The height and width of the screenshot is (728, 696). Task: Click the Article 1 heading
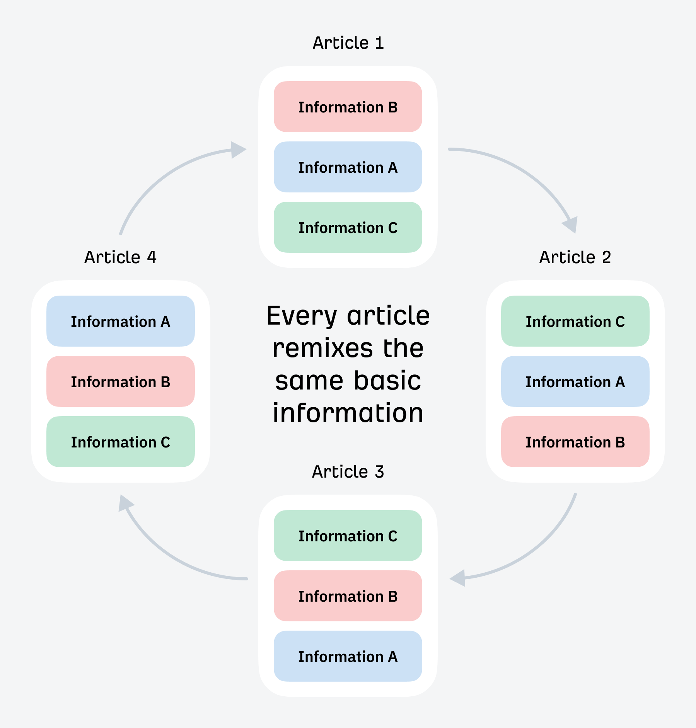pyautogui.click(x=348, y=43)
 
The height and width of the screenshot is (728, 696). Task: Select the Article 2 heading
pyautogui.click(x=575, y=257)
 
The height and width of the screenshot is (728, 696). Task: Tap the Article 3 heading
pyautogui.click(x=348, y=472)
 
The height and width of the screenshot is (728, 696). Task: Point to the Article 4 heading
pyautogui.click(x=120, y=257)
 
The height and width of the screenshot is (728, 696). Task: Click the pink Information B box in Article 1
pyautogui.click(x=348, y=107)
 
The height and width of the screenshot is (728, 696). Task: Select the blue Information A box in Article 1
pyautogui.click(x=348, y=167)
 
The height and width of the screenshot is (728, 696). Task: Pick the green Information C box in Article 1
pyautogui.click(x=348, y=228)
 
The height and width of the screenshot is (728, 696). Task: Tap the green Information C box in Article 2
pyautogui.click(x=575, y=321)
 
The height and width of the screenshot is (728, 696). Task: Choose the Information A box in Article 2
pyautogui.click(x=575, y=382)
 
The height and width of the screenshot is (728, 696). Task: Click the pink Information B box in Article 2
pyautogui.click(x=575, y=442)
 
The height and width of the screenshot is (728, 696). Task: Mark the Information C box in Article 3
pyautogui.click(x=348, y=536)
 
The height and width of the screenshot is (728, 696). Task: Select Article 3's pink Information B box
pyautogui.click(x=348, y=596)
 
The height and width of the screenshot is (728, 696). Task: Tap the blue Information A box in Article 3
pyautogui.click(x=348, y=657)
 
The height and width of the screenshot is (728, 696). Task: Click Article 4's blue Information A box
pyautogui.click(x=120, y=321)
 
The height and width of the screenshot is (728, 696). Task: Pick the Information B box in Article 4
pyautogui.click(x=120, y=382)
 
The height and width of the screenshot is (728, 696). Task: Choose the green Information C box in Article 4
pyautogui.click(x=120, y=442)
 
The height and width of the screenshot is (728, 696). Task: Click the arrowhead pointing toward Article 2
pyautogui.click(x=571, y=225)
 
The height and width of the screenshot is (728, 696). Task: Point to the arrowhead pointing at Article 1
pyautogui.click(x=237, y=150)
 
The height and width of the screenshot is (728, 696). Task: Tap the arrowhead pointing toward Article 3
pyautogui.click(x=459, y=578)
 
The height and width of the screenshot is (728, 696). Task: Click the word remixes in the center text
pyautogui.click(x=322, y=348)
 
